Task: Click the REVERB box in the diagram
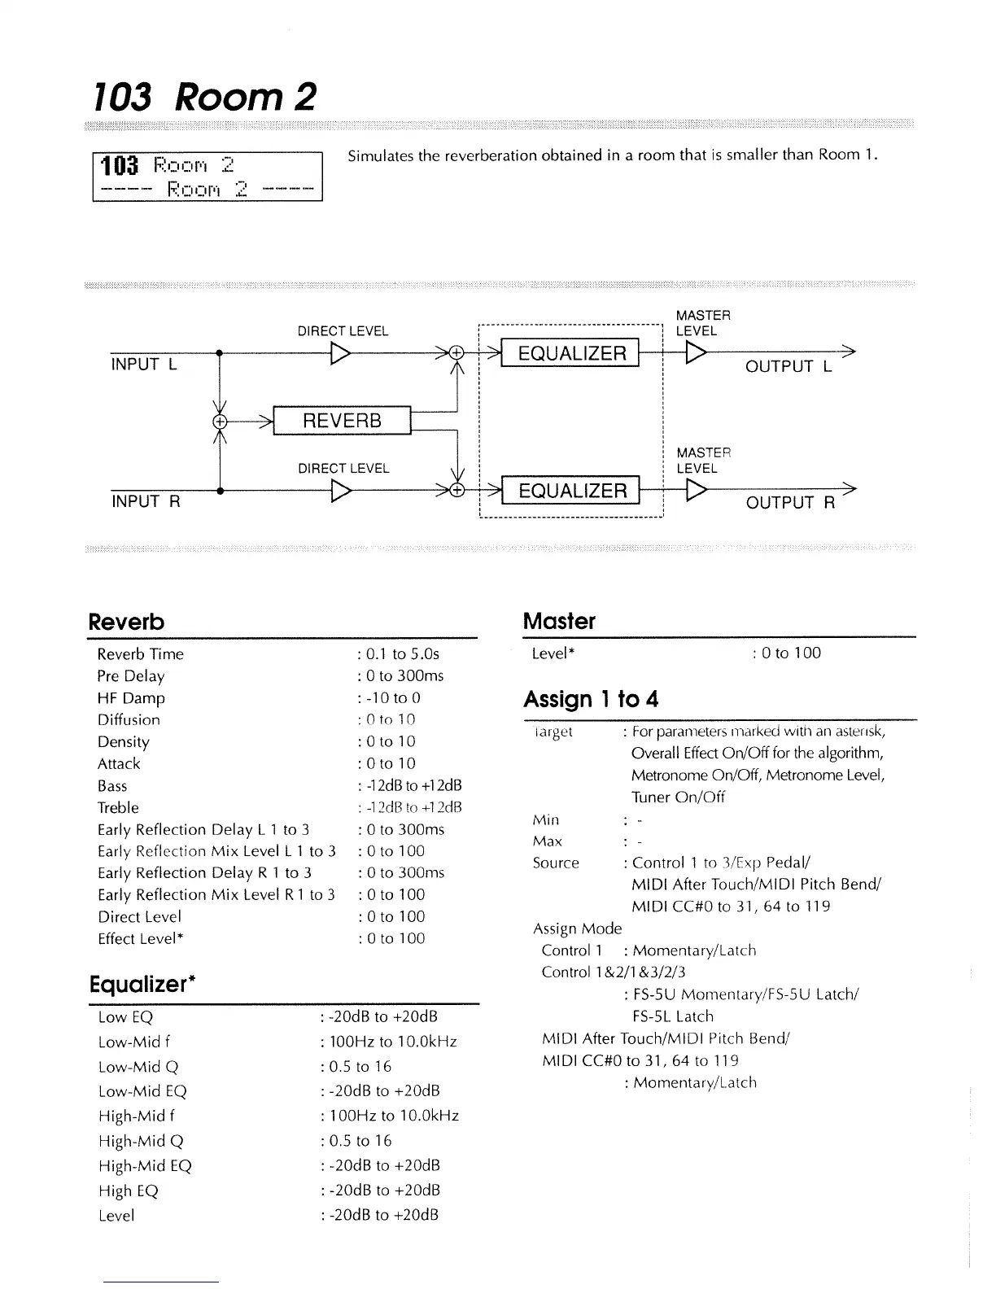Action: point(342,421)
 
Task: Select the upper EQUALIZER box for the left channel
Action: point(571,353)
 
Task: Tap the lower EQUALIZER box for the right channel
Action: point(571,491)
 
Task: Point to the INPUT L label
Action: point(143,365)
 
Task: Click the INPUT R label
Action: point(146,501)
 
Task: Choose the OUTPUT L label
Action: point(788,366)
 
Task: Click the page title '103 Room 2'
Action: point(203,97)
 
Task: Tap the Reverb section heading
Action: point(126,622)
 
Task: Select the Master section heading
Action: point(559,621)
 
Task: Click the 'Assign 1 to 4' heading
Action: point(591,699)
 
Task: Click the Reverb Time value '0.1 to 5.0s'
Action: point(402,653)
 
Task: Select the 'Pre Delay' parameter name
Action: point(131,675)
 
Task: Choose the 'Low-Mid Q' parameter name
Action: point(138,1066)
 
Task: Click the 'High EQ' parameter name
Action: point(128,1191)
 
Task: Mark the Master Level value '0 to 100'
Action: point(790,653)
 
